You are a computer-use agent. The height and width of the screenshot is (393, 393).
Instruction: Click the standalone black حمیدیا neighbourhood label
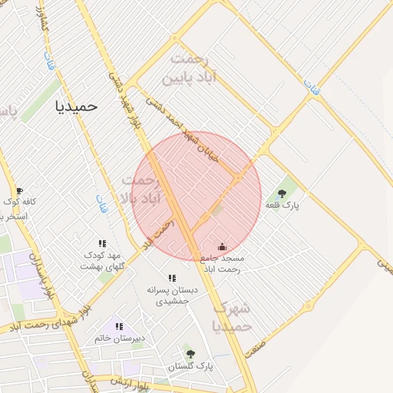point(78,107)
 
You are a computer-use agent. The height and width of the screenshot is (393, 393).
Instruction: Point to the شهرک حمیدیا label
point(232,317)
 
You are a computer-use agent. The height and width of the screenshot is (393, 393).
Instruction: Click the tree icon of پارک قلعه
point(282,193)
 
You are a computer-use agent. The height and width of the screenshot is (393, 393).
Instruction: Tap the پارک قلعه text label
point(282,206)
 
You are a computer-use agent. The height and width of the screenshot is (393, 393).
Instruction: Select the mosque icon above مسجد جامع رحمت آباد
point(222,246)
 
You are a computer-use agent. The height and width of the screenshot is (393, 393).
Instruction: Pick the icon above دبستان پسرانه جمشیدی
point(171,278)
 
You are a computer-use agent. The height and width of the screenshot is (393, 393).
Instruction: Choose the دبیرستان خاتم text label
point(120,338)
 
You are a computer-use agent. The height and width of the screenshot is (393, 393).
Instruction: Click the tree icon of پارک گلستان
point(190,354)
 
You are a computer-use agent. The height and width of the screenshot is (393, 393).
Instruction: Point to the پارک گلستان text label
point(190,367)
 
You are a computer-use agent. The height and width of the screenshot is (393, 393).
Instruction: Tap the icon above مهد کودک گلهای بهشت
point(102,243)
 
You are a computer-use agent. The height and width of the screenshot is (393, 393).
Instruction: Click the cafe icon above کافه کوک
point(19,190)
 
